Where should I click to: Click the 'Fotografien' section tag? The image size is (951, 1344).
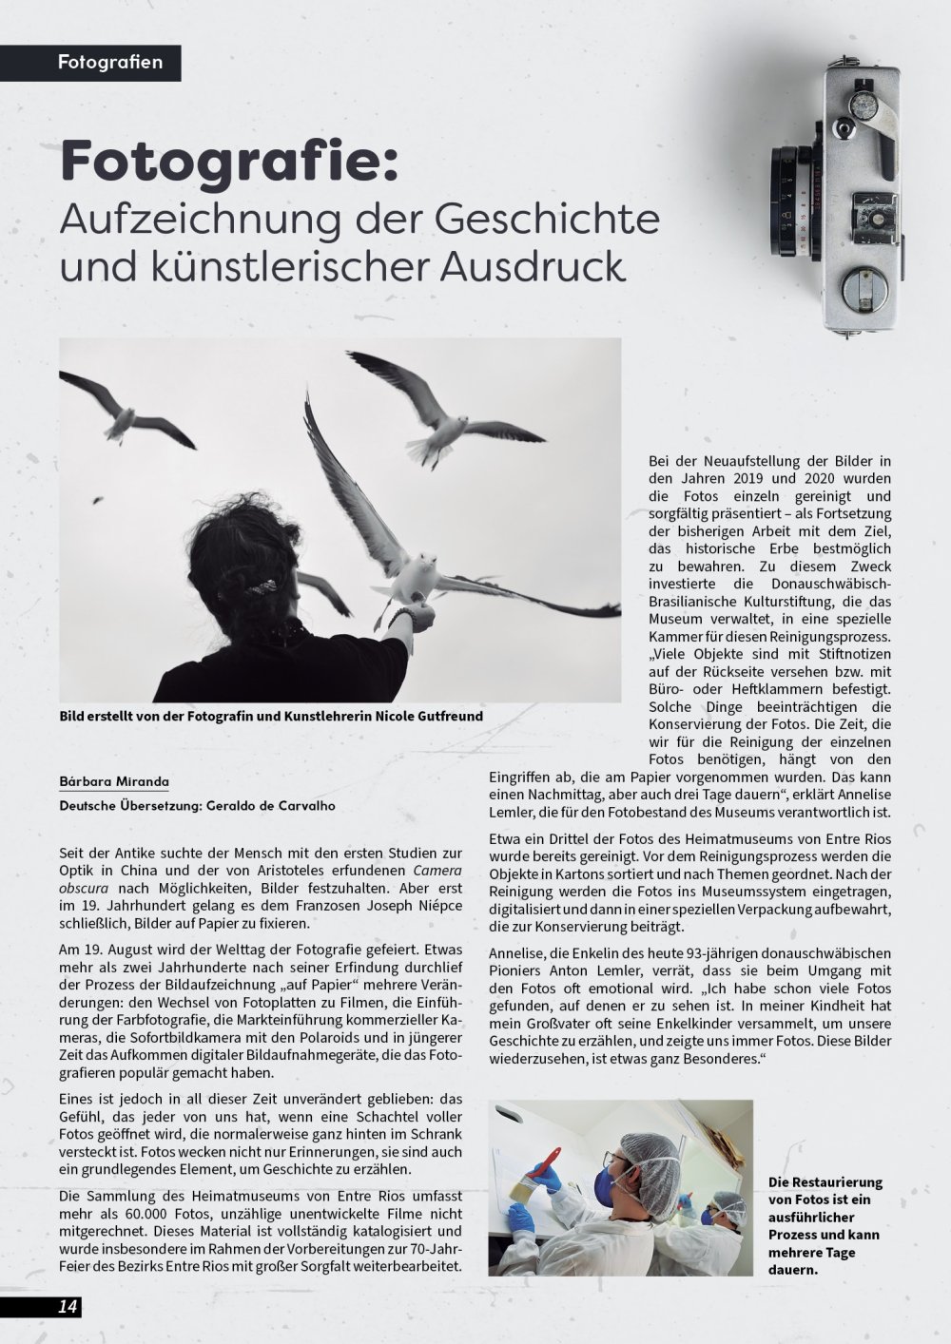click(x=109, y=63)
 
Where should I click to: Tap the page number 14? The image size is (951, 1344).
click(x=68, y=1306)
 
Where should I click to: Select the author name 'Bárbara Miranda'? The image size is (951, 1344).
click(x=113, y=781)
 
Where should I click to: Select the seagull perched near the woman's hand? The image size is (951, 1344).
click(x=409, y=580)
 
